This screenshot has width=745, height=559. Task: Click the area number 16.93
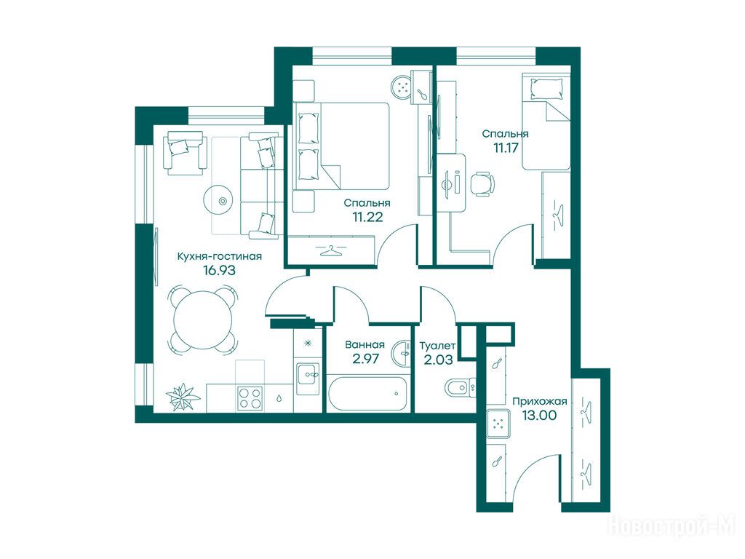(219, 271)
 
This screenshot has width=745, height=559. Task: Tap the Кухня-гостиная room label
(219, 256)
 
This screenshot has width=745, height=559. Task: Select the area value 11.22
(367, 217)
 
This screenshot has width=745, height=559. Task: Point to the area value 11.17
(506, 148)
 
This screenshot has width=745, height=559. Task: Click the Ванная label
(365, 344)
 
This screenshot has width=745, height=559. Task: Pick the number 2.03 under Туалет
(438, 360)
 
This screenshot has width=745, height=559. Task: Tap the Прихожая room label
(540, 401)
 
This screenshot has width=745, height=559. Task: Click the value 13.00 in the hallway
(539, 415)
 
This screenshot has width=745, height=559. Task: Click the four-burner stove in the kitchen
(250, 398)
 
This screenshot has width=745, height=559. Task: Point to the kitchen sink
(308, 378)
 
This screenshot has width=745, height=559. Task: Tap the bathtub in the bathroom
(367, 393)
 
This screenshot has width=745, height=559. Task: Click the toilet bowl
(460, 387)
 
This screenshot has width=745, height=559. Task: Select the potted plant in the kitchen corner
(183, 396)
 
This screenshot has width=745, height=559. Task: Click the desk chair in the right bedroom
(483, 183)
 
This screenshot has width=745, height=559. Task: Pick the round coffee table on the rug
(221, 201)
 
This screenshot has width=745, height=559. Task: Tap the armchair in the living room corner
(186, 152)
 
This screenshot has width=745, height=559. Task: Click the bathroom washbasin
(401, 353)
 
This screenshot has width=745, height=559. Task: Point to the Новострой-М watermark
(672, 526)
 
